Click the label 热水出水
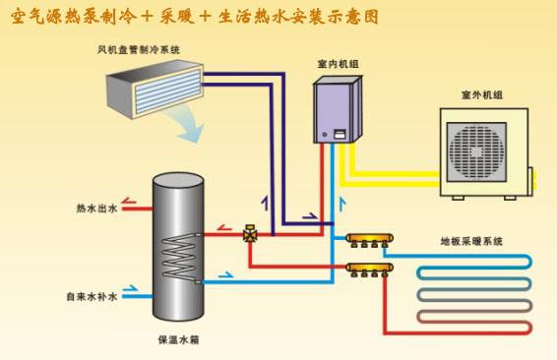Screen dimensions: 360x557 click(95, 209)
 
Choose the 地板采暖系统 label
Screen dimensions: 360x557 click(470, 241)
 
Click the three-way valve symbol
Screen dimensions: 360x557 click(250, 234)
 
